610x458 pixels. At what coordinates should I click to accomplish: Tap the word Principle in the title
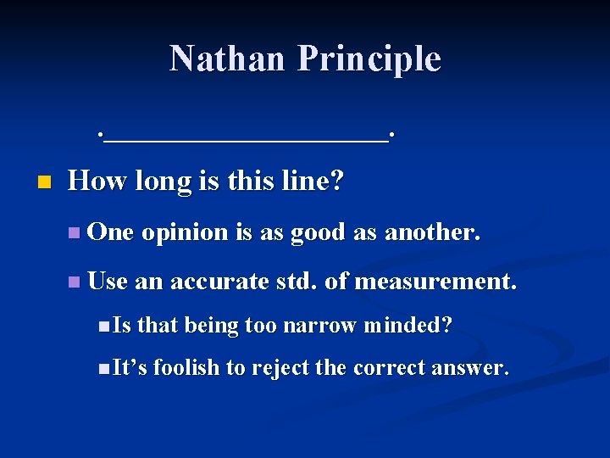click(x=369, y=59)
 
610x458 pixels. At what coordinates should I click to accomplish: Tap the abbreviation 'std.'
click(x=297, y=281)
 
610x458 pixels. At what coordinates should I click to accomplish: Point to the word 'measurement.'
click(x=435, y=281)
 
